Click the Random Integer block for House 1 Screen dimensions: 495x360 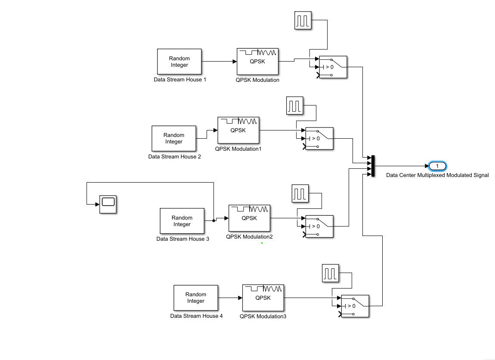point(179,62)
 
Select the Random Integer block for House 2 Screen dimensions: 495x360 point(173,138)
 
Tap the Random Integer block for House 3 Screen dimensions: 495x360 point(182,221)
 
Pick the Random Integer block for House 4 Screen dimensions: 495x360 point(196,298)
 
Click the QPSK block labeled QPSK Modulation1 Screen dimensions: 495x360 point(238,130)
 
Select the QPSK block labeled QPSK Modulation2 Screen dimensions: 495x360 point(249,218)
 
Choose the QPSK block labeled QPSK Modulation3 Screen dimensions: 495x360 point(263,298)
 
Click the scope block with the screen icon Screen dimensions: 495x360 point(108,204)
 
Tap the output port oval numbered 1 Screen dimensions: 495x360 point(437,166)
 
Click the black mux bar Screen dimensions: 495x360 point(373,166)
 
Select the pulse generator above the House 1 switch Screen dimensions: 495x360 point(303,20)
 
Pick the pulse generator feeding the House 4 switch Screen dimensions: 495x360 point(331,273)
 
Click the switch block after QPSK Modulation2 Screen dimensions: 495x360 point(319,227)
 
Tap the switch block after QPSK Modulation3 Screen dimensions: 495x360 point(355,306)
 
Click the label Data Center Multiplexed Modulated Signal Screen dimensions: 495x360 point(438,175)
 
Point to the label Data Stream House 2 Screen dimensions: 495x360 point(175,157)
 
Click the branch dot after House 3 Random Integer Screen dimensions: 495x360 point(214,221)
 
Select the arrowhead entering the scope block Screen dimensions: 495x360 point(97,204)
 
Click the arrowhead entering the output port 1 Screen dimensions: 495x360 point(427,166)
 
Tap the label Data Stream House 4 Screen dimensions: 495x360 point(196,316)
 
